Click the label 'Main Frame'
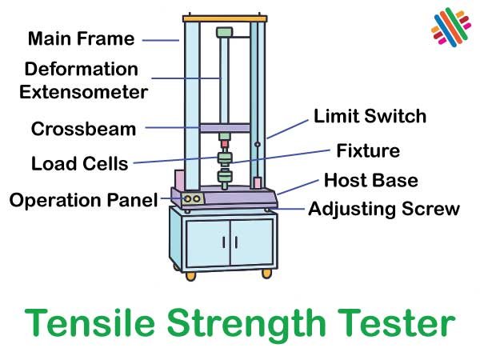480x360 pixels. pyautogui.click(x=82, y=38)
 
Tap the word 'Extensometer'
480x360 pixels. pyautogui.click(x=84, y=92)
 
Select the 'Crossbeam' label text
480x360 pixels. pyautogui.click(x=83, y=129)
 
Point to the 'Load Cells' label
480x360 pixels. pyautogui.click(x=79, y=164)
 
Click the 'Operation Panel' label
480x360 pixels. pyautogui.click(x=83, y=199)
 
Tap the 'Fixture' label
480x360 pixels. pyautogui.click(x=368, y=150)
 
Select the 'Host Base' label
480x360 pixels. pyautogui.click(x=370, y=180)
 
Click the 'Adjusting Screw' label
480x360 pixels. pyautogui.click(x=384, y=209)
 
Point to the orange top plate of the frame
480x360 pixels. pyautogui.click(x=224, y=17)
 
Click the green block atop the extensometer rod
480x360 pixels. pyautogui.click(x=225, y=33)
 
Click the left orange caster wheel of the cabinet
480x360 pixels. pyautogui.click(x=190, y=277)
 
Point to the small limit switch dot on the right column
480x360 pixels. pyautogui.click(x=258, y=145)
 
